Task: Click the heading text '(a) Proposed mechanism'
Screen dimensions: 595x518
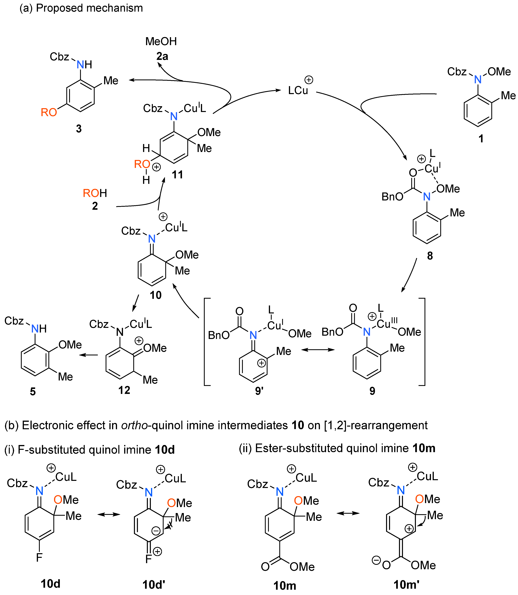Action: [x=81, y=8]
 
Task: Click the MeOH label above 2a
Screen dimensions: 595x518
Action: [x=161, y=41]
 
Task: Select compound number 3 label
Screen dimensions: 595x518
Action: [x=79, y=128]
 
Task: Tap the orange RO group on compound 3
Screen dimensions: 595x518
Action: [x=49, y=112]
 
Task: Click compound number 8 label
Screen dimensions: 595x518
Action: [x=430, y=256]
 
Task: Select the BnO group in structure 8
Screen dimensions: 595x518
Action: [x=392, y=197]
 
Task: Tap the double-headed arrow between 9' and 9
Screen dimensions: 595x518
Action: [x=318, y=350]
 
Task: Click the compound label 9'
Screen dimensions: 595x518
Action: [x=259, y=391]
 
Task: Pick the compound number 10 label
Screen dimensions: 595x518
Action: [x=155, y=295]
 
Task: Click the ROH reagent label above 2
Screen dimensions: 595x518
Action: [x=95, y=193]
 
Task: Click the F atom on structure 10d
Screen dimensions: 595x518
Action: [x=39, y=557]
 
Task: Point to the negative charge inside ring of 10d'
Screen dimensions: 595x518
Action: [x=156, y=531]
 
